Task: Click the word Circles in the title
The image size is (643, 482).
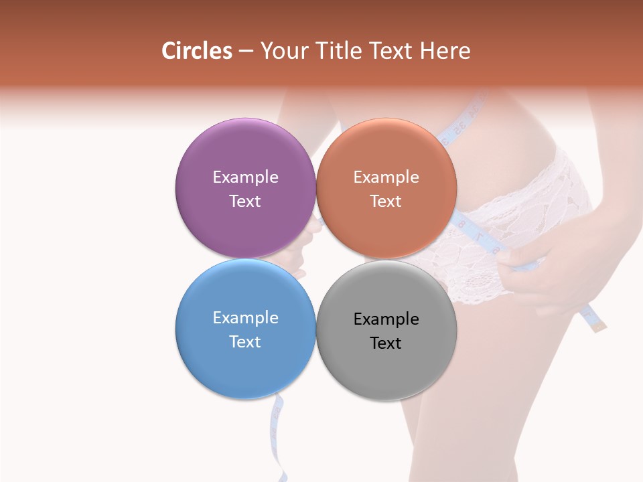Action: [x=197, y=51]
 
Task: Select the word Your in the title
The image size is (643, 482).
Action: [x=283, y=51]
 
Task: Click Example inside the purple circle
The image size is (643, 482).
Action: [x=245, y=177]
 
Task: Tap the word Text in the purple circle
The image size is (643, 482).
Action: [x=245, y=202]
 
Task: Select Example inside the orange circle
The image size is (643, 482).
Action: [x=386, y=177]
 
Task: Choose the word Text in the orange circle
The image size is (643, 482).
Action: [x=386, y=202]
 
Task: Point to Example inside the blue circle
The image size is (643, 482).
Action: [x=245, y=318]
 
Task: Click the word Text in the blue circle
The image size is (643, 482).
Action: [x=245, y=342]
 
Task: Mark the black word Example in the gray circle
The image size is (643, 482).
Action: [x=386, y=319]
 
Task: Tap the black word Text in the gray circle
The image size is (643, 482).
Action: [x=386, y=343]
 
